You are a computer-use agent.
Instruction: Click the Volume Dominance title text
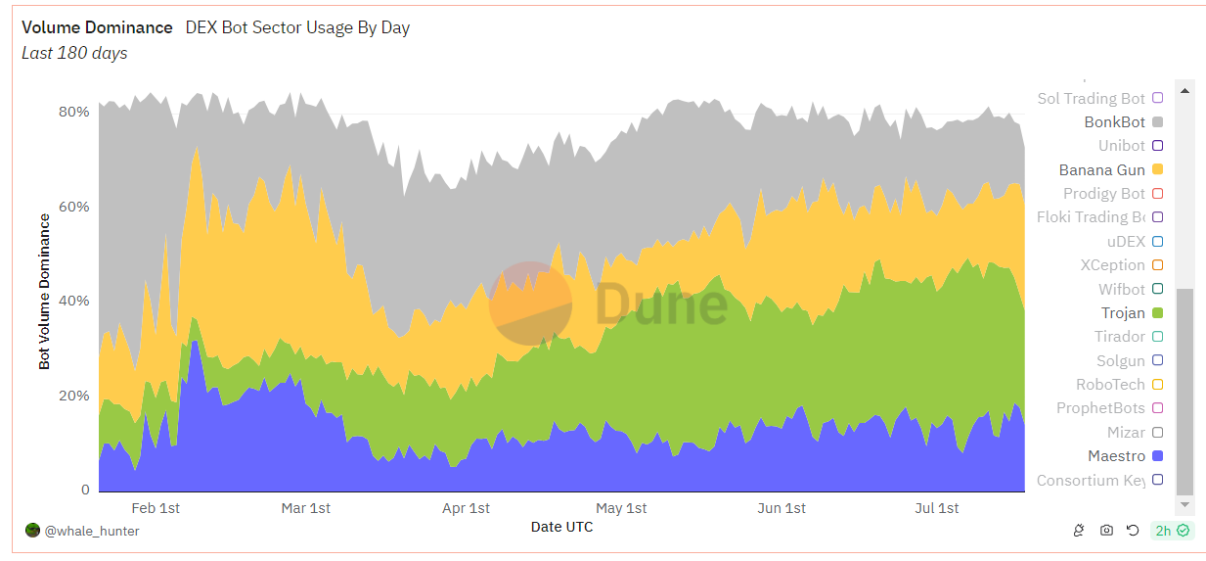(97, 27)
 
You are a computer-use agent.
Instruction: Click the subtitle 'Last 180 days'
(74, 53)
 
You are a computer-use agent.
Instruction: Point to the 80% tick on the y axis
(73, 112)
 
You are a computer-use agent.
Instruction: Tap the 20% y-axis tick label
(73, 396)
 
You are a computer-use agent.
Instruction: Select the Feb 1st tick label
(156, 508)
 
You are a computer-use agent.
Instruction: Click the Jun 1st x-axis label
(782, 508)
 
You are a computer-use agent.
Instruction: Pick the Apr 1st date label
(467, 508)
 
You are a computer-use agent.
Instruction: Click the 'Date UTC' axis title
(561, 527)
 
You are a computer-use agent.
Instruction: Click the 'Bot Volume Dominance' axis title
(44, 292)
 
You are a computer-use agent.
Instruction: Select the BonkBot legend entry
(1114, 122)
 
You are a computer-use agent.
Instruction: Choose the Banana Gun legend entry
(1101, 170)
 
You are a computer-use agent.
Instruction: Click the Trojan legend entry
(1123, 313)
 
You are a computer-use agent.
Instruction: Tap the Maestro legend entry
(1116, 456)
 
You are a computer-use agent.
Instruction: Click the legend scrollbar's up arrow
(1184, 91)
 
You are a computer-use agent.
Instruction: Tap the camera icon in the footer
(1106, 531)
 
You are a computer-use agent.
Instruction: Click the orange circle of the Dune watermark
(530, 304)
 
